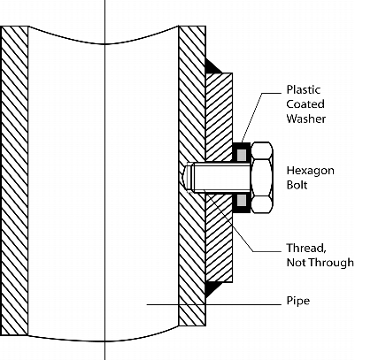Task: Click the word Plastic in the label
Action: click(304, 89)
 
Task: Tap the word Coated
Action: click(305, 104)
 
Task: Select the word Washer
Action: click(306, 119)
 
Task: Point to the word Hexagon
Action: click(311, 171)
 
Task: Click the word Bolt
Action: click(297, 185)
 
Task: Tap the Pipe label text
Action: click(298, 301)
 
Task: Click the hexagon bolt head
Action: click(262, 178)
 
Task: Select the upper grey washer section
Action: click(242, 155)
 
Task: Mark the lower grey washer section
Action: click(242, 200)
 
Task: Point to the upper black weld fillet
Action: click(212, 66)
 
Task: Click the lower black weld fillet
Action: click(212, 289)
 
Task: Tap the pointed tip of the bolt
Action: click(184, 177)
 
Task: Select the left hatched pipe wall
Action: click(14, 180)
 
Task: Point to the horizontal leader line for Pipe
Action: click(214, 304)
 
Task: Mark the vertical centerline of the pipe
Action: click(104, 180)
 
